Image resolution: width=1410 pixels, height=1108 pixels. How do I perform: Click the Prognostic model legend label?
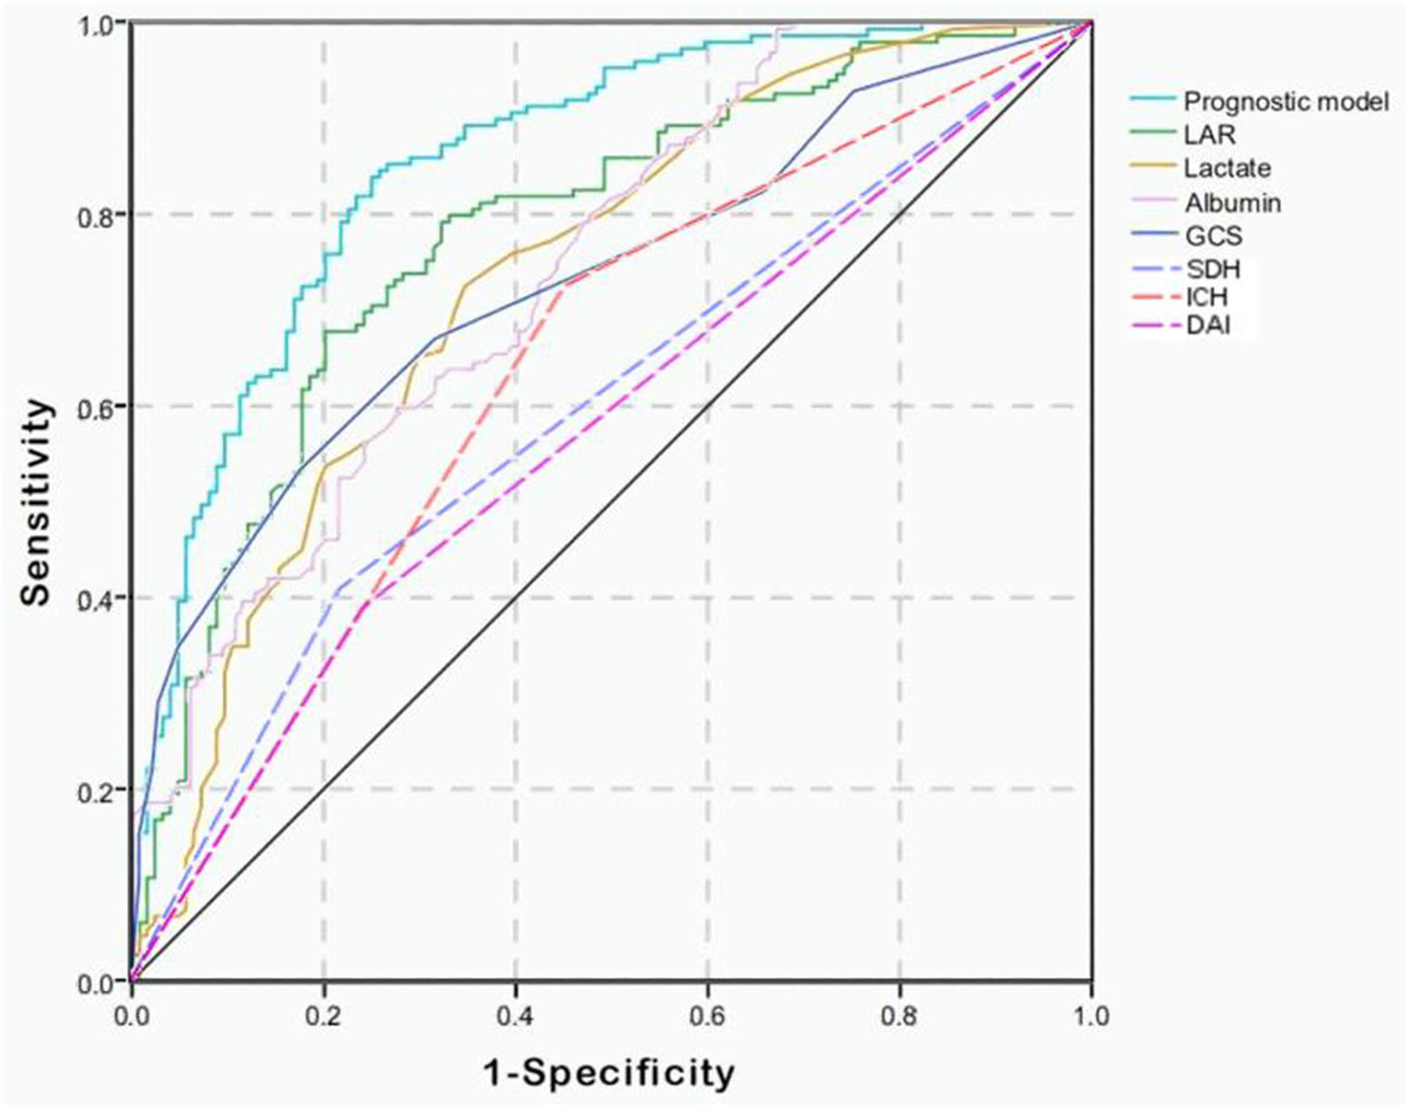pos(1286,102)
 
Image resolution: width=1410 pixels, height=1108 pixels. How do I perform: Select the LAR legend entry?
pos(1209,135)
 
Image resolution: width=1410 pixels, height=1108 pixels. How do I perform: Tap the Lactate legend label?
pos(1227,169)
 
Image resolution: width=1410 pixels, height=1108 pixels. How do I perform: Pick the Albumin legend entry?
pos(1233,203)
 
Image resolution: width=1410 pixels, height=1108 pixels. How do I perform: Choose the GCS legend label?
pos(1213,236)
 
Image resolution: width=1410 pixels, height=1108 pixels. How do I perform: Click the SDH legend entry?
pos(1213,270)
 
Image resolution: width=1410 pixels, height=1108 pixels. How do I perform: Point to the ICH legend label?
pos(1207,298)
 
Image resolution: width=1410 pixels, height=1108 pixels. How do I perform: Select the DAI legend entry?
pos(1208,326)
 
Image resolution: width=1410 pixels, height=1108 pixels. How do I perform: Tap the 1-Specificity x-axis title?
pos(610,1073)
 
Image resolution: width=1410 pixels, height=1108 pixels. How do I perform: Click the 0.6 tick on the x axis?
pos(707,1016)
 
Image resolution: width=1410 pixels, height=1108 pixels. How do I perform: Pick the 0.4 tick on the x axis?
pos(516,1016)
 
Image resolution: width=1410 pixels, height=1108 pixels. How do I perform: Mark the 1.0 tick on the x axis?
pos(1091,1016)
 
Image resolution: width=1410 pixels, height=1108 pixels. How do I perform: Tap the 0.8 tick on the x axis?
pos(900,1016)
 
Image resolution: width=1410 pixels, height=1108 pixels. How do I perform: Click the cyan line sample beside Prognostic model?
pos(1152,99)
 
